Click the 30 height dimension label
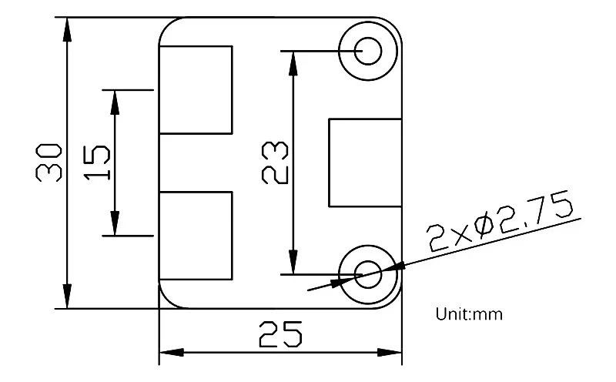click(49, 162)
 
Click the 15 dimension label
click(96, 163)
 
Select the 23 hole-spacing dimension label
click(275, 162)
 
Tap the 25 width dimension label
click(280, 335)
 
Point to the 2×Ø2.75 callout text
click(501, 225)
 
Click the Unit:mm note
click(469, 314)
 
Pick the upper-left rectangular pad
click(196, 89)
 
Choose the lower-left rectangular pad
click(196, 234)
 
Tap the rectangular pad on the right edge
click(365, 163)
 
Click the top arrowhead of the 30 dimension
click(68, 27)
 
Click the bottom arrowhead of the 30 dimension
click(68, 297)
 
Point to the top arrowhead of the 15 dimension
click(115, 101)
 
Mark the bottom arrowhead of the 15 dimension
click(115, 224)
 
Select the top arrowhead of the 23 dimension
click(293, 63)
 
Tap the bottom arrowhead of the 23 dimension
click(293, 261)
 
